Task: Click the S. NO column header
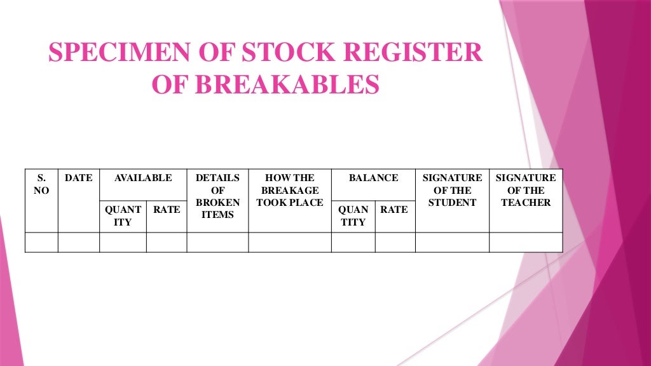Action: pyautogui.click(x=41, y=184)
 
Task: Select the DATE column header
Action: pyautogui.click(x=79, y=178)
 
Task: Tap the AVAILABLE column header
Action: pyautogui.click(x=143, y=178)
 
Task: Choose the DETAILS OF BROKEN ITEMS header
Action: pyautogui.click(x=217, y=196)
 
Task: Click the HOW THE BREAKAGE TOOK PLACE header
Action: pyautogui.click(x=290, y=190)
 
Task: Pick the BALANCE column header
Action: pyautogui.click(x=374, y=178)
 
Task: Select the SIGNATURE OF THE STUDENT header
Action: pyautogui.click(x=452, y=190)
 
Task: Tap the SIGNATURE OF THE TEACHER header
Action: pyautogui.click(x=526, y=190)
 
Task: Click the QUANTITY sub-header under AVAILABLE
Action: pyautogui.click(x=123, y=216)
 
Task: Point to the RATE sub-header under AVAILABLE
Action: pyautogui.click(x=167, y=210)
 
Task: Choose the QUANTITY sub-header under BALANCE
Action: pyautogui.click(x=353, y=216)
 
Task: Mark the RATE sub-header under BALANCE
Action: pyautogui.click(x=394, y=210)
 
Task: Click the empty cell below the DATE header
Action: pyautogui.click(x=79, y=242)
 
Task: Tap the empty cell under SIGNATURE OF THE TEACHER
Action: pyautogui.click(x=526, y=242)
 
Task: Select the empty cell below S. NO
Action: pyautogui.click(x=41, y=242)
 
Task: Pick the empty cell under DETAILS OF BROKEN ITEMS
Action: pyautogui.click(x=217, y=242)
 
